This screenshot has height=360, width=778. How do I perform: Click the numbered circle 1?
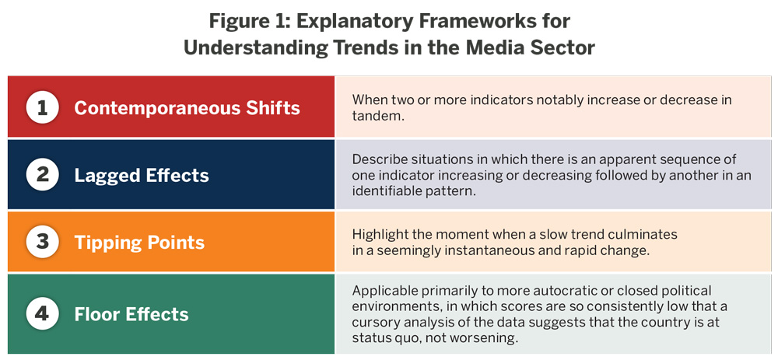[x=43, y=107]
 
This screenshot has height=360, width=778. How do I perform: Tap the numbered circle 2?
[x=43, y=175]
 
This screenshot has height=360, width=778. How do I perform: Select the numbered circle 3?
[x=43, y=243]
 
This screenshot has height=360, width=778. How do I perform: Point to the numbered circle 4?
[x=43, y=314]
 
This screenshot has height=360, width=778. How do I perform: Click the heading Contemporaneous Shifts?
[x=187, y=108]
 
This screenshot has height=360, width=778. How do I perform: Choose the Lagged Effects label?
[x=142, y=176]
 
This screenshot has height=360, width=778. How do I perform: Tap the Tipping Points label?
[x=139, y=243]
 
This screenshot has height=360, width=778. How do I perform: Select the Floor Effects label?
[x=131, y=314]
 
